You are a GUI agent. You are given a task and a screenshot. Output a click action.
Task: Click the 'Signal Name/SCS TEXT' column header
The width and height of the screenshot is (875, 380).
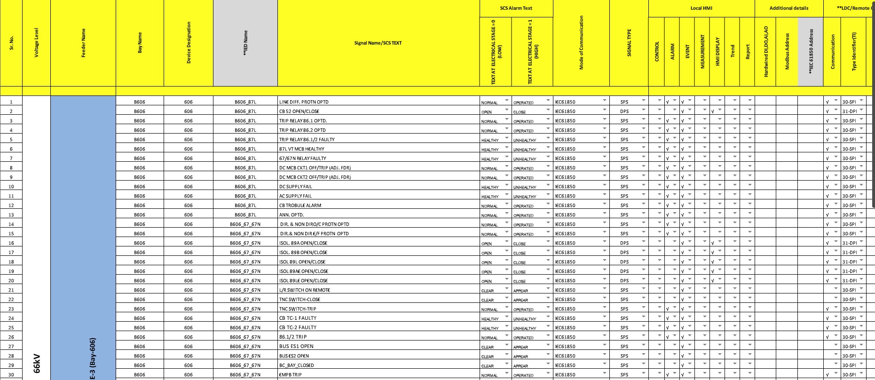tap(378, 43)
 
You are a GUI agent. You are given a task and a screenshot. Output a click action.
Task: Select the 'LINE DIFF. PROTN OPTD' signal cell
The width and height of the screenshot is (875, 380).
tap(304, 102)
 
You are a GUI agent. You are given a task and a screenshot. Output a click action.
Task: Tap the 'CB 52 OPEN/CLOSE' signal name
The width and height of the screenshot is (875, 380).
tap(299, 111)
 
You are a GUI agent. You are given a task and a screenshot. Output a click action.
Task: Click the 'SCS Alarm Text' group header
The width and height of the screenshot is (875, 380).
tap(516, 8)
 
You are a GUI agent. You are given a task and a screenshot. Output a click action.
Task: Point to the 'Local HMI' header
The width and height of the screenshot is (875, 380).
tap(701, 8)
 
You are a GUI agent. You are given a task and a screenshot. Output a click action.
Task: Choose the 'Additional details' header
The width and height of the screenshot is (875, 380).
tap(788, 8)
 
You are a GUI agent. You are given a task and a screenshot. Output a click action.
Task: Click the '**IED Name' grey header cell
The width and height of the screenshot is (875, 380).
tap(245, 43)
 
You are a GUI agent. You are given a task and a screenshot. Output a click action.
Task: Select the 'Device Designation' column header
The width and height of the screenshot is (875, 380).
tap(189, 43)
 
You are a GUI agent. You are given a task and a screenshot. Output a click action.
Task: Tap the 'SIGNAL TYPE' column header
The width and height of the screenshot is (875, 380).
tap(629, 43)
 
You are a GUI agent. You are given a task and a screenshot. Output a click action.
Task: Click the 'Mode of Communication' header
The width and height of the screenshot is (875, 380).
tap(581, 43)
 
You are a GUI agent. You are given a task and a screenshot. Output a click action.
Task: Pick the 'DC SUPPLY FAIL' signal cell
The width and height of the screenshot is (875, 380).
tap(295, 187)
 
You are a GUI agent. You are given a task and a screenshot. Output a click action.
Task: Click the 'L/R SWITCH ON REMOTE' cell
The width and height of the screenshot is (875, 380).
tap(305, 290)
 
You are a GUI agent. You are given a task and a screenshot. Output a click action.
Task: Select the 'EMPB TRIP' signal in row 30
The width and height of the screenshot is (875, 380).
tap(290, 375)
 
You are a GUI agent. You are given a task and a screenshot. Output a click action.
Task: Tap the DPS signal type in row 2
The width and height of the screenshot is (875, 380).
tap(624, 111)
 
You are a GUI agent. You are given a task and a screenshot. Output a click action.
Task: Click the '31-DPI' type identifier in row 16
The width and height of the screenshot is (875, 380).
tap(849, 243)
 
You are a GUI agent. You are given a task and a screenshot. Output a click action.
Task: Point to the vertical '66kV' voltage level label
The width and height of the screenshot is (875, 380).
tap(37, 363)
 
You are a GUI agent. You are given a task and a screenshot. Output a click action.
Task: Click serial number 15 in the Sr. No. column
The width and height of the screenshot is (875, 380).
tap(11, 234)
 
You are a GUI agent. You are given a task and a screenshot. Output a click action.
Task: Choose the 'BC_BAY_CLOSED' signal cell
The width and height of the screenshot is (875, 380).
tap(296, 365)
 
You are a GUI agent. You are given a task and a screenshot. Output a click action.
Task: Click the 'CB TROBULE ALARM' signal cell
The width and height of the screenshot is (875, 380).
tap(300, 206)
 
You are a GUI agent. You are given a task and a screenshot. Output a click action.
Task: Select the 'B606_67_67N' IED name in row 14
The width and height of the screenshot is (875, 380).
tap(245, 224)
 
